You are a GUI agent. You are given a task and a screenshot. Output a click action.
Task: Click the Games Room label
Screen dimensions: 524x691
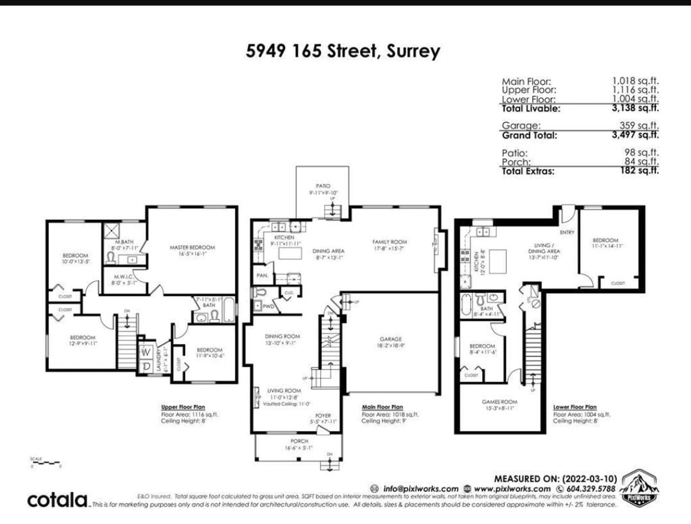(500, 402)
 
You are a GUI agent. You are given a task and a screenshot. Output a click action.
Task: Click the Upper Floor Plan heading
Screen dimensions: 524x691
(183, 407)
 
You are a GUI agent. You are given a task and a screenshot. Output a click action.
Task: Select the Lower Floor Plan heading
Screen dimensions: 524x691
(575, 407)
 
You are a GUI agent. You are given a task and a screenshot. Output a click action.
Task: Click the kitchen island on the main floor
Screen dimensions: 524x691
(290, 253)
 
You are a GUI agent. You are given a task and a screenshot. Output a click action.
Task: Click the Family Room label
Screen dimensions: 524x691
(390, 242)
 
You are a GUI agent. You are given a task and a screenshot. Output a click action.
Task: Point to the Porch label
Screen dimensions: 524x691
(299, 441)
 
